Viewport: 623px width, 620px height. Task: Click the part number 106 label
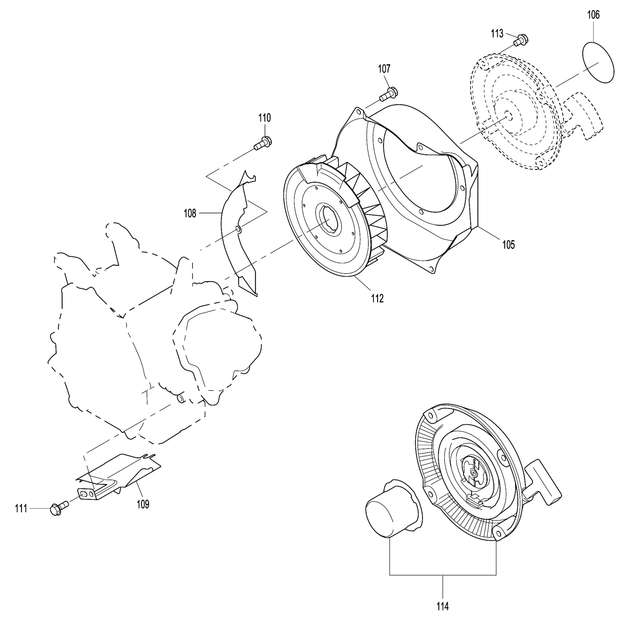593,15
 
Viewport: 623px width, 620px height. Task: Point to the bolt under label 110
262,144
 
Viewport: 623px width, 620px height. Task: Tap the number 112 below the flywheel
377,299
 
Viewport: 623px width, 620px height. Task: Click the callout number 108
190,213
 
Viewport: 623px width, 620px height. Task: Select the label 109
143,504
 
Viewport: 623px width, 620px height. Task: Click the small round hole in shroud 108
238,229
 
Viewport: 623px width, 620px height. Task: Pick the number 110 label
264,118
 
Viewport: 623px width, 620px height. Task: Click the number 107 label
384,69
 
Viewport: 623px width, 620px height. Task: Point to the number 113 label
497,34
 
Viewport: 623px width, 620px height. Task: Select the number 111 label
21,509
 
